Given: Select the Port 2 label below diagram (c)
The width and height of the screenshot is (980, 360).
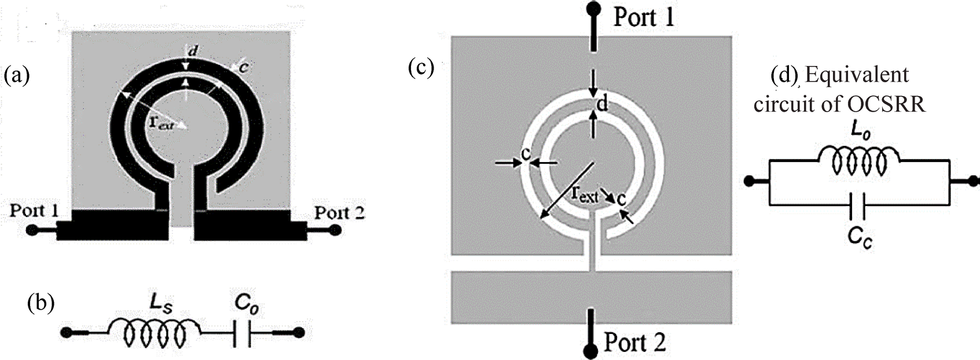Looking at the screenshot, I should pyautogui.click(x=634, y=342).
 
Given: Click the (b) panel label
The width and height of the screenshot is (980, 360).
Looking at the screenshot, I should pyautogui.click(x=41, y=303).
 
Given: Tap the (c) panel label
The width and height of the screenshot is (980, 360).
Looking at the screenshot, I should pyautogui.click(x=421, y=68).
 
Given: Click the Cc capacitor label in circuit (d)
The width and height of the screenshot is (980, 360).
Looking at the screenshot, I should pyautogui.click(x=858, y=238).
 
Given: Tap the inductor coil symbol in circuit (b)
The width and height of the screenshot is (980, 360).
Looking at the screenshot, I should pyautogui.click(x=153, y=333).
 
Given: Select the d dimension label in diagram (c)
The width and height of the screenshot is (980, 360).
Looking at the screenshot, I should pyautogui.click(x=603, y=104).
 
